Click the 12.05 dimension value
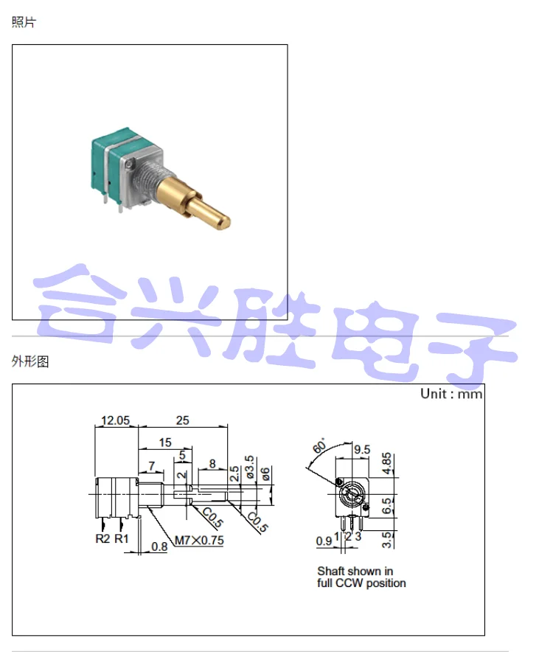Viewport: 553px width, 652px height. tap(115, 420)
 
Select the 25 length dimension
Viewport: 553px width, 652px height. tap(182, 420)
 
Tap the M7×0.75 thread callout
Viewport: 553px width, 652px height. tap(199, 540)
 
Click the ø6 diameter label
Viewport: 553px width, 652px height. tap(265, 473)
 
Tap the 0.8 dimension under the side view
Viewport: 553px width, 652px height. tap(159, 547)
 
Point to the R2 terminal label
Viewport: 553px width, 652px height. tap(102, 538)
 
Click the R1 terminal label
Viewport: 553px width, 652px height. tap(122, 538)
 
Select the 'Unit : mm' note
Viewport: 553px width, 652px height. tap(451, 394)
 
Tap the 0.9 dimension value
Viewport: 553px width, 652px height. tap(323, 541)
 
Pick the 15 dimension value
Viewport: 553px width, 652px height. tap(164, 443)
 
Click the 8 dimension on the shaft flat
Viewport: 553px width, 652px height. tap(212, 464)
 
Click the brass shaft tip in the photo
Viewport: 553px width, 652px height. tap(221, 218)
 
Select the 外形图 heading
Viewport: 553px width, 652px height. tap(30, 361)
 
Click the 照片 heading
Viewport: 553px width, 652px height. tap(24, 22)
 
